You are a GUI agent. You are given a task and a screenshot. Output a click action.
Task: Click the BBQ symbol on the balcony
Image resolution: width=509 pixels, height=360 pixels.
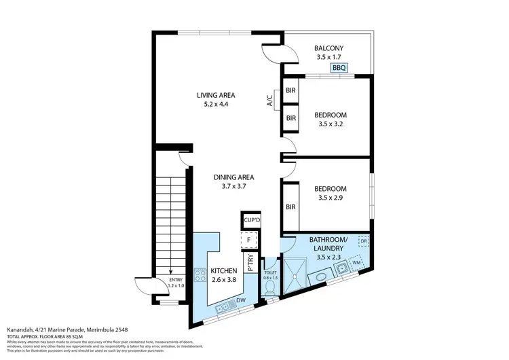point(339,68)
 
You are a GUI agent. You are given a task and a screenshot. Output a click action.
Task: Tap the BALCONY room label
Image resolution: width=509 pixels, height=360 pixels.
point(329,48)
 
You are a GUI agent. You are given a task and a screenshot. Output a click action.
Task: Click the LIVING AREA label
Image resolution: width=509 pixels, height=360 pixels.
point(216,95)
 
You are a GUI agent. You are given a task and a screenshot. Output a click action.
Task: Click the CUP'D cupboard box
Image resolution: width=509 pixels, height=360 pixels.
point(252,221)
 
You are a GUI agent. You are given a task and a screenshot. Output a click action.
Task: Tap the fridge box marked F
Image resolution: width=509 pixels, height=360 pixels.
point(250,240)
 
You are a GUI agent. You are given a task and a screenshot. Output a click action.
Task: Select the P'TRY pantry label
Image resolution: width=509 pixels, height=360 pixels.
point(250,263)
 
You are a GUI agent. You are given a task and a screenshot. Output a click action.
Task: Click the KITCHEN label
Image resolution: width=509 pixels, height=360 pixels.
point(224,271)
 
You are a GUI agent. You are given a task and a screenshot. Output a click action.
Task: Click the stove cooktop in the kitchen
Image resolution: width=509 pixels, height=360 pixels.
point(201,276)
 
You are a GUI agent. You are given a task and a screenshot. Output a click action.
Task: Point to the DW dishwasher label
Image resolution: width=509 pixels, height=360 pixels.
point(241,300)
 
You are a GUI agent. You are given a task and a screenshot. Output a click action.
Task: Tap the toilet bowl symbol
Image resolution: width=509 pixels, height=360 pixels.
point(270,287)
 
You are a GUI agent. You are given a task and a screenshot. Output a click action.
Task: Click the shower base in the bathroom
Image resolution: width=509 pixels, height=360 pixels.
point(296,274)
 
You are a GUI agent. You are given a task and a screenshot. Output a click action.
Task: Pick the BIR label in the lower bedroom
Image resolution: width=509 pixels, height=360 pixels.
point(290,207)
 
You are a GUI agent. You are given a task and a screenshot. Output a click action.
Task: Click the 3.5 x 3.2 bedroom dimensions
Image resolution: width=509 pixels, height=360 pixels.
point(331,126)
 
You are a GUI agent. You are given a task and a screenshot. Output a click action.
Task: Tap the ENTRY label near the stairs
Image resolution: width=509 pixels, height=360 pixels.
point(176,279)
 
